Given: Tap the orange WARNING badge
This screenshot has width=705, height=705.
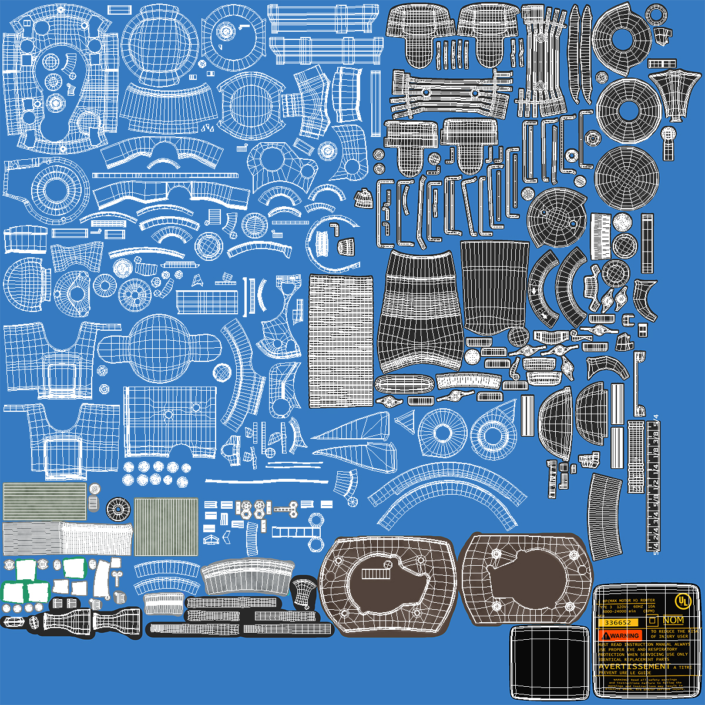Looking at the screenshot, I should [620, 636].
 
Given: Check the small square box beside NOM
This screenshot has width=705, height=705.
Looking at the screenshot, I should [652, 620].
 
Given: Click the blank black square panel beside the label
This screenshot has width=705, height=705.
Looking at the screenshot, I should [549, 662].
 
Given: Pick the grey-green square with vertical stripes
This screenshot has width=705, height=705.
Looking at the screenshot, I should [166, 526].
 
